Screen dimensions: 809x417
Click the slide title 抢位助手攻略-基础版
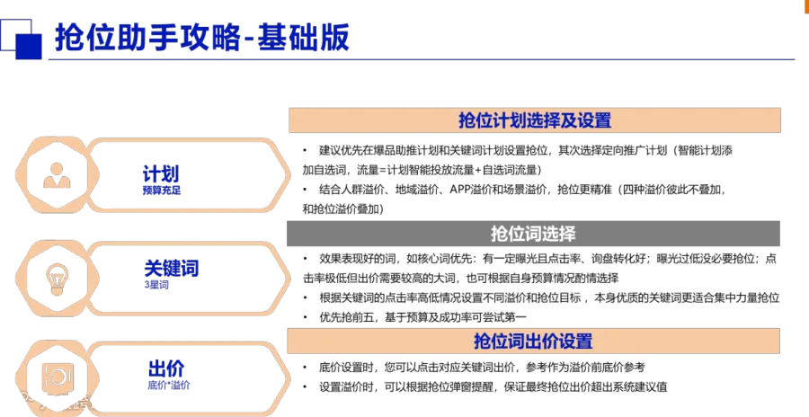201,37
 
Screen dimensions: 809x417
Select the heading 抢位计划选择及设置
535,120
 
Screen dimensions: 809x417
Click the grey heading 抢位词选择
533,234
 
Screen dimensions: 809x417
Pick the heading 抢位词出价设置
533,342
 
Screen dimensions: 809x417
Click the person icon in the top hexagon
57,175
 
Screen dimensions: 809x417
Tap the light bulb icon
58,279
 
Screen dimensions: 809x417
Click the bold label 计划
161,174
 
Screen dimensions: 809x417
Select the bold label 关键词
172,269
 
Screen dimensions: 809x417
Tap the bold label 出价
166,368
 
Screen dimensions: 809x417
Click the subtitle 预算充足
162,191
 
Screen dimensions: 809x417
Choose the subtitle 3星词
156,285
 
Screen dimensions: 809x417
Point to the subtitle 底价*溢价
169,385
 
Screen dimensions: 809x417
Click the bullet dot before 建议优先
305,151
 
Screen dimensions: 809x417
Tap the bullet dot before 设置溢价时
305,387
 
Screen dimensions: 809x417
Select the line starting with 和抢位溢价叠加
343,209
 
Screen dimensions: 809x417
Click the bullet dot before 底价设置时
305,368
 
